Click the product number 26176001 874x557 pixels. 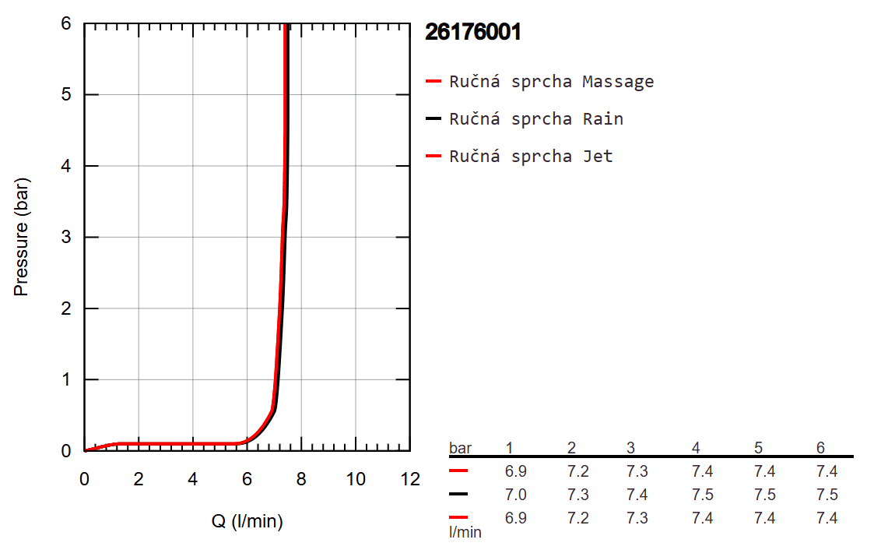coord(472,32)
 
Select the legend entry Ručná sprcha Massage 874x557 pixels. coord(551,82)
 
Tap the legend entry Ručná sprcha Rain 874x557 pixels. coord(536,119)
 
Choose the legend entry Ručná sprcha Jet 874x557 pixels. coord(531,157)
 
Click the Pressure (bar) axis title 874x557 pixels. coord(21,237)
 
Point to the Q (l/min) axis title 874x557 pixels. coord(247,522)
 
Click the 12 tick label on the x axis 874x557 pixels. coord(409,478)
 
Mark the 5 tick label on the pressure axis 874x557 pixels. coord(67,95)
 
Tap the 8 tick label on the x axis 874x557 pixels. coord(301,478)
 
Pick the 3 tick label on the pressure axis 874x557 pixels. coord(67,238)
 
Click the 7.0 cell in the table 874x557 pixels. coord(515,495)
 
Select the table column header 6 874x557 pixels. coord(820,448)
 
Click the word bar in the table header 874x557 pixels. coord(460,448)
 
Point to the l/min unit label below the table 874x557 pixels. coord(465,533)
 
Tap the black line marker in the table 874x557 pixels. coord(458,495)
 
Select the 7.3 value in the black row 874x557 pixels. coord(577,495)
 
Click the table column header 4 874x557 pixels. coord(696,448)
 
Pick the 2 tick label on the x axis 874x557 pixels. coord(139,478)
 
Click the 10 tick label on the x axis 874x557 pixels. coord(356,478)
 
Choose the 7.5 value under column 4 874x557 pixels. coord(702,495)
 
